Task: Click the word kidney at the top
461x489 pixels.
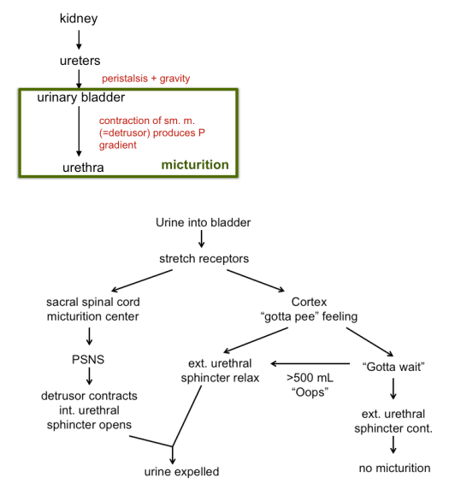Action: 79,18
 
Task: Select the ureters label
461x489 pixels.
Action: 79,62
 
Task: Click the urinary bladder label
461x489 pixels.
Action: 81,97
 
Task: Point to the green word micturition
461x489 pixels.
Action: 195,164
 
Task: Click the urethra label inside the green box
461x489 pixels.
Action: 83,168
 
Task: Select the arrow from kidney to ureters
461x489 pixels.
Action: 79,39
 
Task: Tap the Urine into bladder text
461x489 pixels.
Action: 203,222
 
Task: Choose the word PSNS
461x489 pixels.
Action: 90,358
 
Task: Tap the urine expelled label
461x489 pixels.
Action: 180,471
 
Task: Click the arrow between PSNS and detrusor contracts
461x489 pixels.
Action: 90,377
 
